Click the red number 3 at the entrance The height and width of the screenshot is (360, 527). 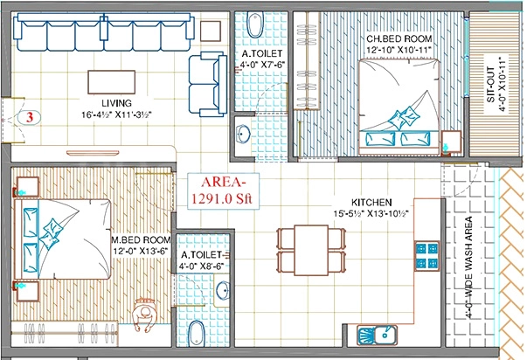point(31,118)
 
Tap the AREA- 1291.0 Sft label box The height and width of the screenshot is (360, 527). point(224,191)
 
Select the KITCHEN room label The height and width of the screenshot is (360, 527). point(371,203)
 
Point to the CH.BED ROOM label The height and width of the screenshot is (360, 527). point(399,38)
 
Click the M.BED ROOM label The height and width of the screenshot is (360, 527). point(142,240)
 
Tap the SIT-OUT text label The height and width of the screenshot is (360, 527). point(490,85)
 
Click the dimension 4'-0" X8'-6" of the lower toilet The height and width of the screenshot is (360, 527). point(202,267)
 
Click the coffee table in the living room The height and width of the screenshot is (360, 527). point(112,82)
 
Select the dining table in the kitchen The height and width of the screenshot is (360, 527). point(311,250)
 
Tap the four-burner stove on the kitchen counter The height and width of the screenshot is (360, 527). point(427,256)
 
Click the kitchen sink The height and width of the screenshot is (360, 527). point(377,336)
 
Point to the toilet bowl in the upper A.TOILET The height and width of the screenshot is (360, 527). point(255,24)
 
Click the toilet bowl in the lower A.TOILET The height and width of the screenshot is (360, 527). point(197,334)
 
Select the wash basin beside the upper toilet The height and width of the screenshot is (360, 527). point(243,135)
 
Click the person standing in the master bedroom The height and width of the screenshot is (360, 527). point(146,315)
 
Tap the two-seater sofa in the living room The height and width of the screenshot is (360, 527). point(208,84)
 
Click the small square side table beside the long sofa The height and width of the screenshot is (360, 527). point(211,31)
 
